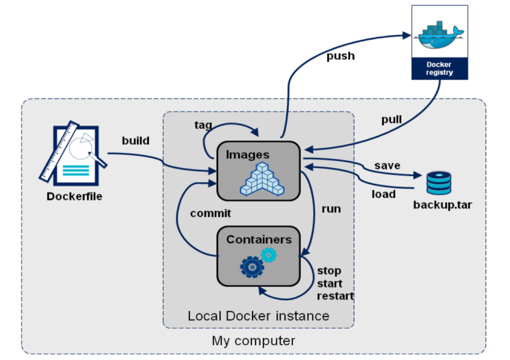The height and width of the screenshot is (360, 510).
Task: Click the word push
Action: (x=340, y=56)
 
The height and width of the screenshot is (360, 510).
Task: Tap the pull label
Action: (x=391, y=119)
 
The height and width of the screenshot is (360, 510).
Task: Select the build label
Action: (x=135, y=141)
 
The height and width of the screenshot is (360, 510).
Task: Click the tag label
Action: (x=203, y=125)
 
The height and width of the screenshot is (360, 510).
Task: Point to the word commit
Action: (x=210, y=213)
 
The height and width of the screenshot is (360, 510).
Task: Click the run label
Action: (x=331, y=209)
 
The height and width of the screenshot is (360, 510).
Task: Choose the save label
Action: (x=387, y=166)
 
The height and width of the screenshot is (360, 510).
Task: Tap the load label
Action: (x=383, y=194)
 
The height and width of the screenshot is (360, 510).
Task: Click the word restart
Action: (x=335, y=296)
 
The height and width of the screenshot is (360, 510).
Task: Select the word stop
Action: (x=329, y=271)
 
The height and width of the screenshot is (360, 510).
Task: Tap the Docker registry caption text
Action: (x=439, y=69)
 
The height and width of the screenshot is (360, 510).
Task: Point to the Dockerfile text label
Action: (x=74, y=196)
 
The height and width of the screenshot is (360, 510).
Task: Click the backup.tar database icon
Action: (x=439, y=183)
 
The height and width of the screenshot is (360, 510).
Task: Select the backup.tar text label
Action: (x=442, y=205)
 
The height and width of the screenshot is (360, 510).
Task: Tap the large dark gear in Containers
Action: (x=251, y=266)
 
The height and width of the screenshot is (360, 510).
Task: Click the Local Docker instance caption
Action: (x=258, y=315)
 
